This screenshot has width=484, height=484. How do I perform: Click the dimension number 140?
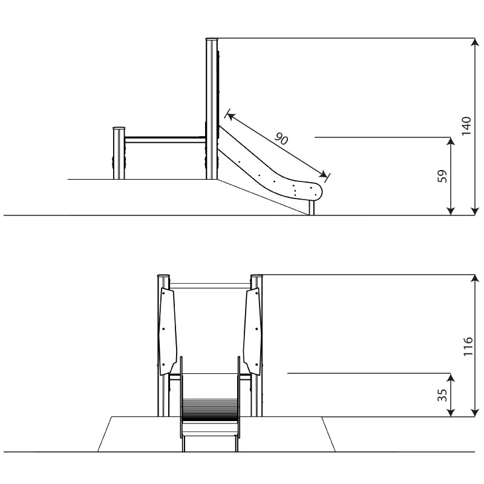point(466,126)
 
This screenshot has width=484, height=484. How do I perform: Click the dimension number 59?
point(442,176)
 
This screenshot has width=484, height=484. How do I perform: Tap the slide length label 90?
point(281,139)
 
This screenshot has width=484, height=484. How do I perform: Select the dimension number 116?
point(468,346)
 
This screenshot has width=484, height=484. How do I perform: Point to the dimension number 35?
point(442,395)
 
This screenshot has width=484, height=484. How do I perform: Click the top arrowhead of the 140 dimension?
point(475,42)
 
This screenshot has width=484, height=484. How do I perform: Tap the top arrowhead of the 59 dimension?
point(451,141)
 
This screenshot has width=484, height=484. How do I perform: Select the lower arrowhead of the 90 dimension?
point(324,175)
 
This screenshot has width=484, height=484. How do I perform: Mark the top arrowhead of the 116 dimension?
point(475,278)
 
